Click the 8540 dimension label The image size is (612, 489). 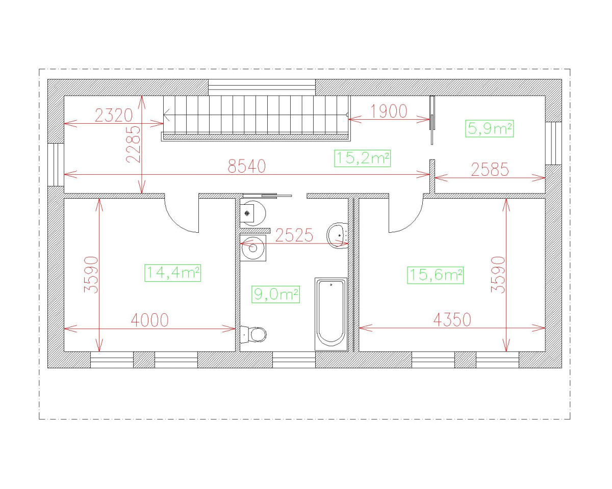click(x=247, y=166)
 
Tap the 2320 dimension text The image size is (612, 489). click(x=114, y=115)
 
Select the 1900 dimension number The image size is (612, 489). click(x=389, y=111)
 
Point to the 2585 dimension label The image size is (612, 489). click(x=490, y=170)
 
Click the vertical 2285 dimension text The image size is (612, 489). click(x=134, y=144)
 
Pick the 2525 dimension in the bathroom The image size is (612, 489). click(x=294, y=235)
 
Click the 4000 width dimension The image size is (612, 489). click(x=149, y=320)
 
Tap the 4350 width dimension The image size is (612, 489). click(x=452, y=320)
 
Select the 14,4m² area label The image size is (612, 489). click(x=172, y=273)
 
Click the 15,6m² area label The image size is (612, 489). click(x=436, y=275)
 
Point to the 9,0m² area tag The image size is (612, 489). click(x=275, y=294)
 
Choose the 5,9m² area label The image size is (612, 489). click(x=490, y=129)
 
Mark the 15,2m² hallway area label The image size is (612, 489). click(x=362, y=158)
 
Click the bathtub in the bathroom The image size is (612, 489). click(x=331, y=314)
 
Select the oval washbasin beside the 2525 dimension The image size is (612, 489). click(x=337, y=235)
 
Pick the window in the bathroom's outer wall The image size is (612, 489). click(x=294, y=360)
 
